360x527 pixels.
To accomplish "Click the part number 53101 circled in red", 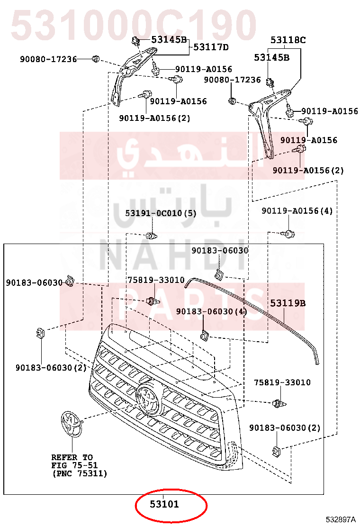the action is tap(164, 504).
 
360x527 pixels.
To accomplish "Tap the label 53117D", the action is tap(211, 47).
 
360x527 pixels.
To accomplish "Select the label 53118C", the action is tap(288, 40).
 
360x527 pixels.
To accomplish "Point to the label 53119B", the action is tap(288, 303).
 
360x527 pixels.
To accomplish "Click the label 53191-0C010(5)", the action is tap(161, 213).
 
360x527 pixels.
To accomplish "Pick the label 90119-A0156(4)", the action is tap(297, 211).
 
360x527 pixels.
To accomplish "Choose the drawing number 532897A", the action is tap(341, 519).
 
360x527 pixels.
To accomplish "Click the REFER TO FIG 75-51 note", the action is tap(79, 465).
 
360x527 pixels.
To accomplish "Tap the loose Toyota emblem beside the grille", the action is tap(71, 424).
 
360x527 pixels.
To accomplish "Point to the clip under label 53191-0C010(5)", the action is tap(152, 235).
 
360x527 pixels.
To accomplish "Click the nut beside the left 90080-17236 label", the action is tap(96, 59).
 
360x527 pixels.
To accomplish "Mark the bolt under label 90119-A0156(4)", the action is tap(288, 233).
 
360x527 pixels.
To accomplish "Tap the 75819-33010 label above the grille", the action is tap(156, 280).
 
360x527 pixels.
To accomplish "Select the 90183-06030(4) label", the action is tap(212, 311).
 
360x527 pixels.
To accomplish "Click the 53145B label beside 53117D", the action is tap(169, 40).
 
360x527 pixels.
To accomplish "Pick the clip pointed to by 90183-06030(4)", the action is tap(204, 336).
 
